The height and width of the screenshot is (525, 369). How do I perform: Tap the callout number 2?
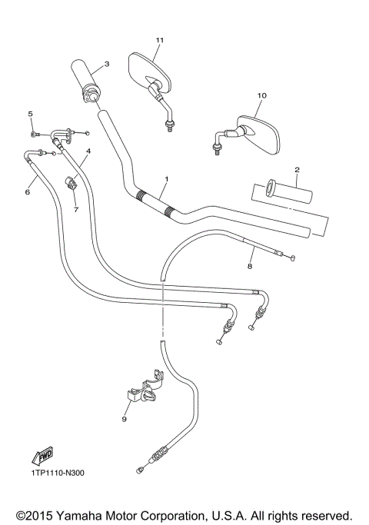[296, 169]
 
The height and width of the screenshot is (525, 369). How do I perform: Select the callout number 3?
[107, 65]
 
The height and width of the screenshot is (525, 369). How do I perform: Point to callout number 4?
[88, 151]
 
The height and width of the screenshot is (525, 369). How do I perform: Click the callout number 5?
[31, 114]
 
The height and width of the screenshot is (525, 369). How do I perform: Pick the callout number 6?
[28, 192]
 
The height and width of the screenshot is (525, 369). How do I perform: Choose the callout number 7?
[76, 208]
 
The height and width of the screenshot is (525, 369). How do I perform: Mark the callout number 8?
[248, 267]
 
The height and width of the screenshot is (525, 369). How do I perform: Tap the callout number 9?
[124, 419]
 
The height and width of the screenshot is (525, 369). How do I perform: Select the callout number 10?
[261, 95]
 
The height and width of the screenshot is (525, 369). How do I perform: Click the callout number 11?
[160, 39]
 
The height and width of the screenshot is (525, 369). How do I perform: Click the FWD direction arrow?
[44, 455]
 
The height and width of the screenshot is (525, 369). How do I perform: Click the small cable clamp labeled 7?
[74, 184]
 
